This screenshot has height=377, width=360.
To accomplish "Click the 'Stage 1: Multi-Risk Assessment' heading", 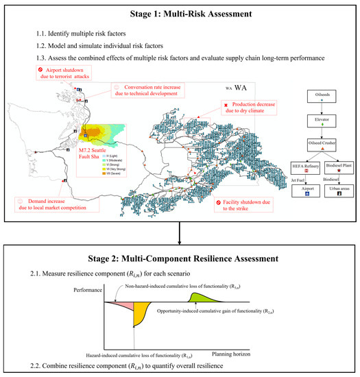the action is [x=180, y=12].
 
